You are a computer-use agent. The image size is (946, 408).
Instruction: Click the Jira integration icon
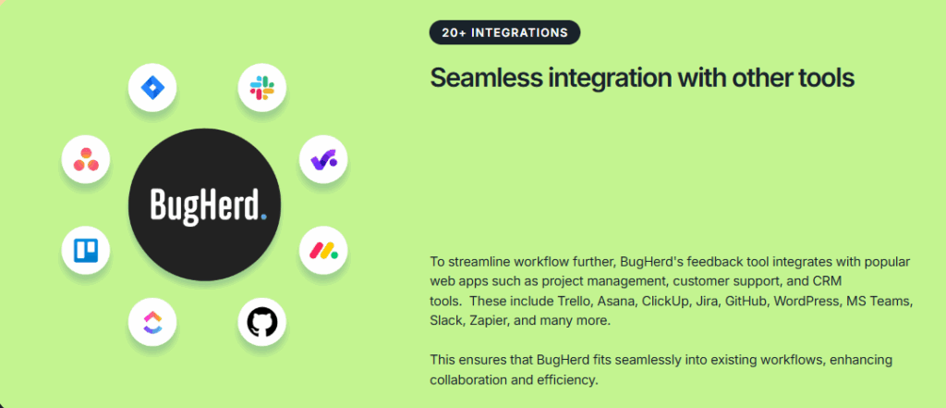[x=152, y=88]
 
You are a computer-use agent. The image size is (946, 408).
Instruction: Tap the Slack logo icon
[x=262, y=88]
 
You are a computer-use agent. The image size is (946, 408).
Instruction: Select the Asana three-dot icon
[x=86, y=159]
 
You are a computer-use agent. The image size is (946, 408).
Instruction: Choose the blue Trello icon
[x=86, y=250]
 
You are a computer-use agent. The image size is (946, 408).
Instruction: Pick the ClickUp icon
[x=152, y=322]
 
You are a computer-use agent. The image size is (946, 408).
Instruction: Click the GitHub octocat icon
[x=261, y=322]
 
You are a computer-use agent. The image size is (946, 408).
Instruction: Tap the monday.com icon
[x=323, y=250]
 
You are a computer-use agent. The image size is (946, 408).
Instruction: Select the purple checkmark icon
[x=323, y=159]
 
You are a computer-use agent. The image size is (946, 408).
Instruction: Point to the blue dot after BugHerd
[x=263, y=214]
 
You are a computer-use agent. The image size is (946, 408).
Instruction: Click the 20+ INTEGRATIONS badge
[x=504, y=32]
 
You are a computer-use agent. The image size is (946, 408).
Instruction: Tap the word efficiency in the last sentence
[x=567, y=380]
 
